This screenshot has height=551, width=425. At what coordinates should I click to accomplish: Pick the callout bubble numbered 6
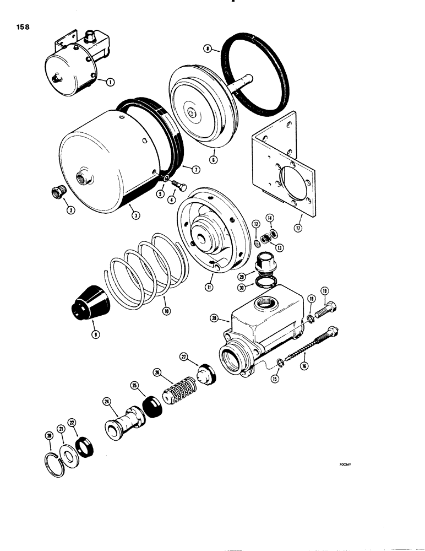pyautogui.click(x=214, y=160)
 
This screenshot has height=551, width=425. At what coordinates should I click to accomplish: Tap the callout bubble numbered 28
pyautogui.click(x=215, y=317)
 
